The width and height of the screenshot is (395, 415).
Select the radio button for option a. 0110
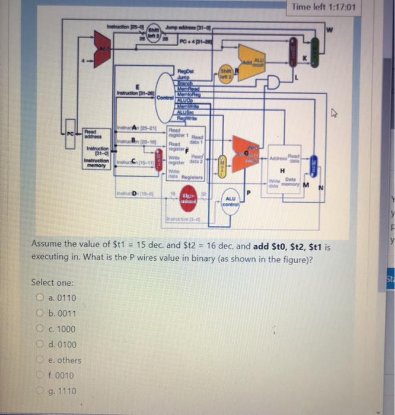coord(40,298)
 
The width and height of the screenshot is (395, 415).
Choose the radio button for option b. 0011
coord(40,314)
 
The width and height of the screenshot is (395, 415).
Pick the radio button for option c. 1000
coord(40,329)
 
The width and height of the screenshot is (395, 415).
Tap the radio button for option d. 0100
coord(40,344)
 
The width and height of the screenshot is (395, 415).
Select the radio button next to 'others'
coord(40,360)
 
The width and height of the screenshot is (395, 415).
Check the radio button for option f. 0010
coord(40,375)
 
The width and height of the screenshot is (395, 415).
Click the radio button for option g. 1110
coord(40,391)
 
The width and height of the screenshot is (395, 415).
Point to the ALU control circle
coord(231,202)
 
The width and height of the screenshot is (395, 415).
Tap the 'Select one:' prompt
coord(52,282)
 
